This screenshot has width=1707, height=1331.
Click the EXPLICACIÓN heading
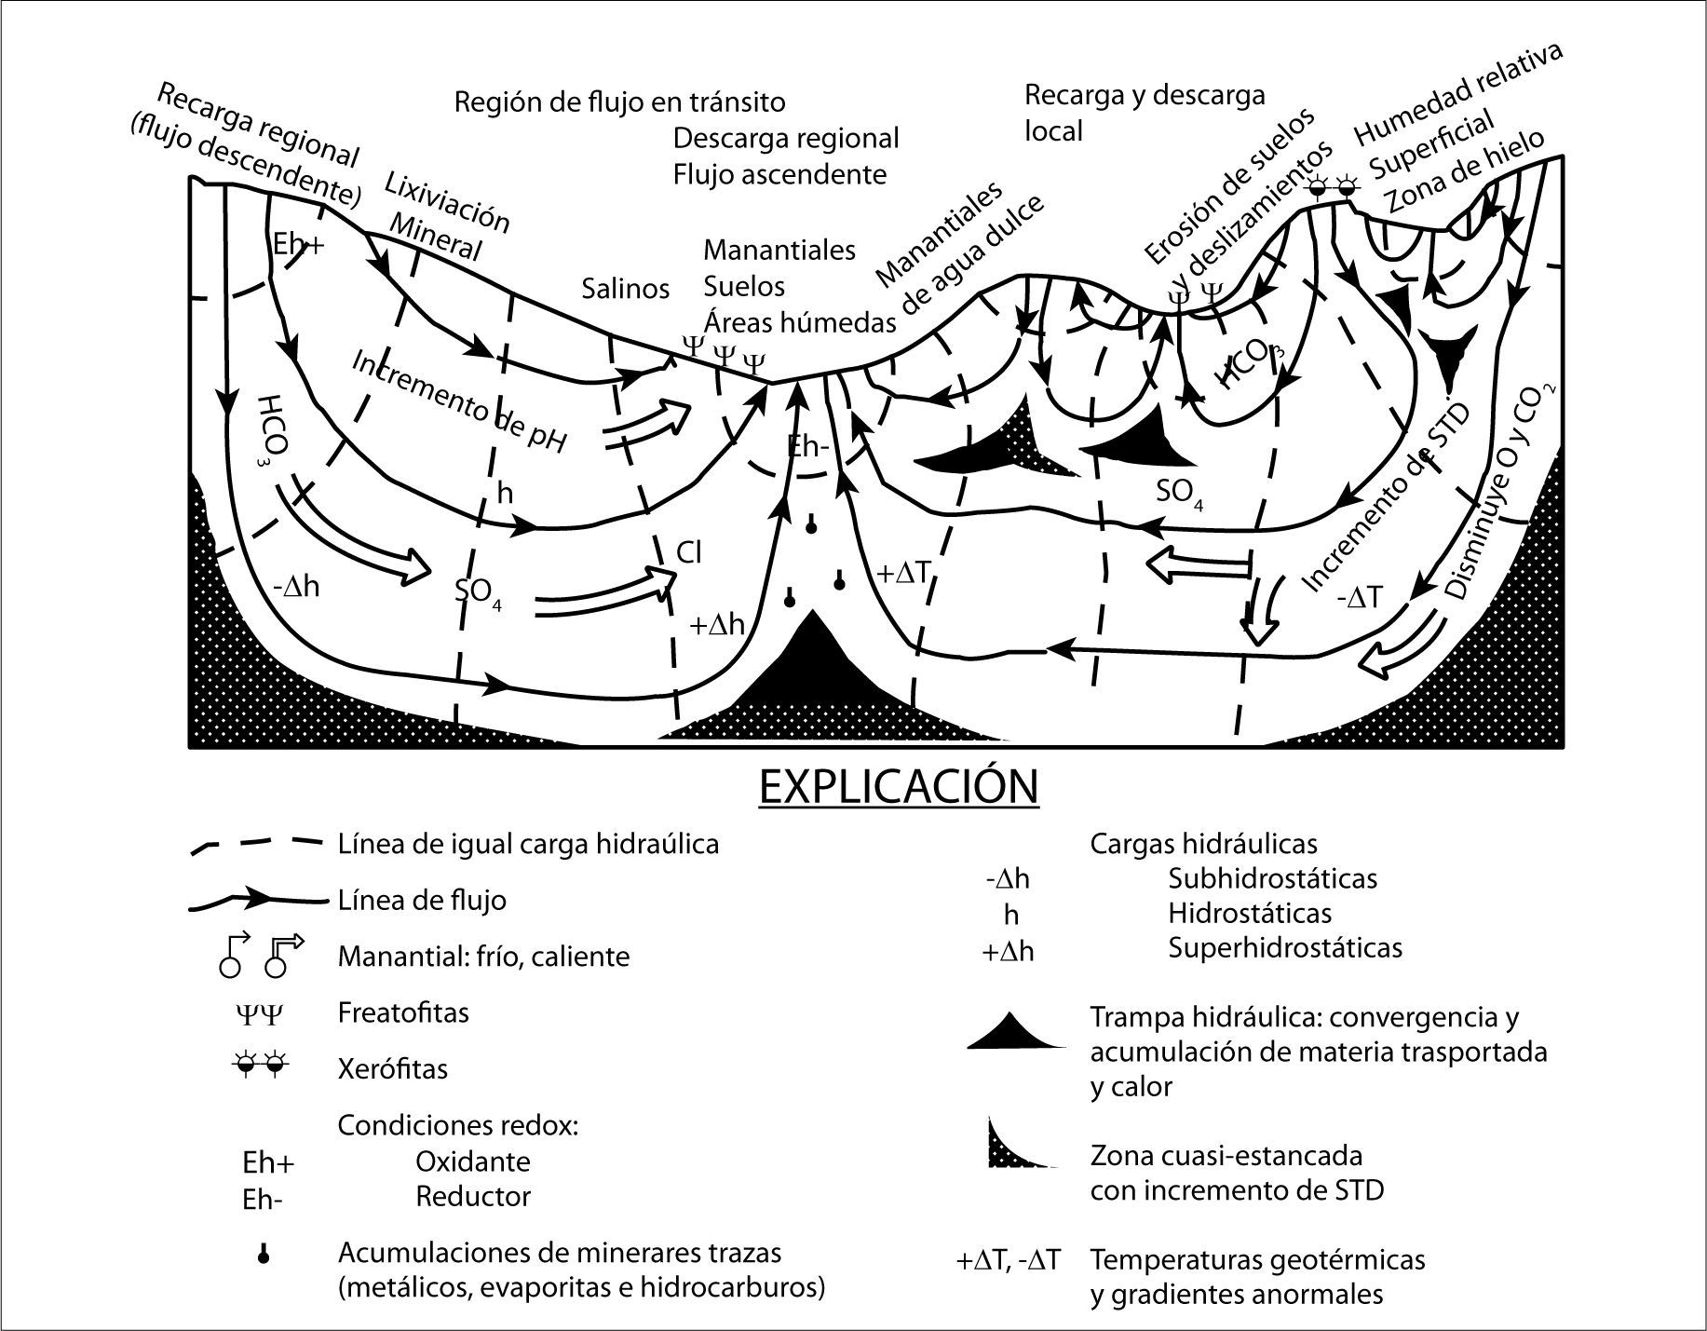[899, 787]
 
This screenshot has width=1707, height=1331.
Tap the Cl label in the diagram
[688, 552]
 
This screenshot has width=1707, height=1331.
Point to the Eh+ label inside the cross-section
[298, 244]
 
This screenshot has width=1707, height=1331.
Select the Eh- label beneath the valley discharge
[808, 446]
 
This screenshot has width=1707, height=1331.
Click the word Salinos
[626, 289]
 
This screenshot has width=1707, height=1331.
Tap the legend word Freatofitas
[403, 1012]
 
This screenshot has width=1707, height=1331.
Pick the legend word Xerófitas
[393, 1068]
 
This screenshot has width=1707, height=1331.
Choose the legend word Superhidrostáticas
[1285, 948]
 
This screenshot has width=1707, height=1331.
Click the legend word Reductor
[473, 1196]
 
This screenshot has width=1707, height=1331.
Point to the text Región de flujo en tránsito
[619, 102]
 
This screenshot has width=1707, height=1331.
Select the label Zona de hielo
[1464, 171]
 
